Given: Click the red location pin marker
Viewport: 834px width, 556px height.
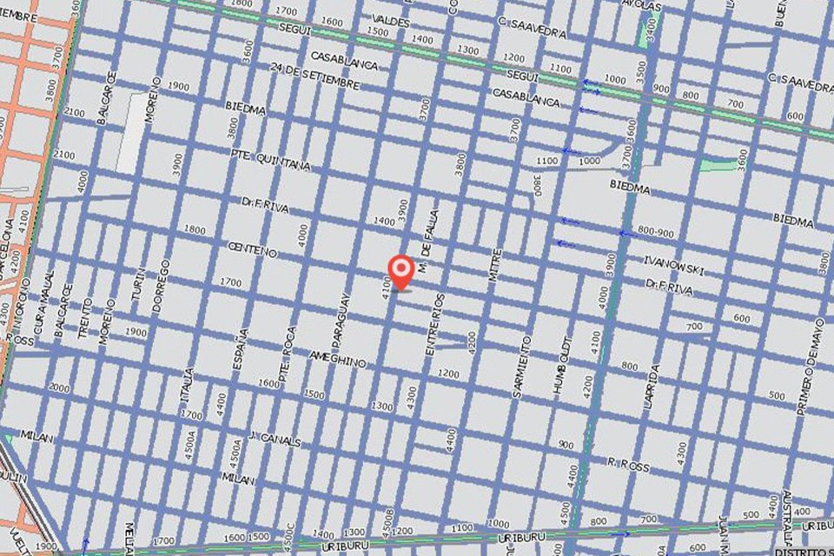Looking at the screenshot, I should coord(400,271).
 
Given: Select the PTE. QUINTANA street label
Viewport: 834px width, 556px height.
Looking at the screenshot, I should coord(270,159).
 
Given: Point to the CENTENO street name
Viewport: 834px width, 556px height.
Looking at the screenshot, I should coord(251,251).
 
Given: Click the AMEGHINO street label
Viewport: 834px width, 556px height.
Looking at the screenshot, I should coord(338,359).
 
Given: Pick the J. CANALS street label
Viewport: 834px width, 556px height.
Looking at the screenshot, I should coord(274,440).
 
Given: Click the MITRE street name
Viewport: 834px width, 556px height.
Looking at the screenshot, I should coord(495,264).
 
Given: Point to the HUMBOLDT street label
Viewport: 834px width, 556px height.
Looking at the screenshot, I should coord(562,366).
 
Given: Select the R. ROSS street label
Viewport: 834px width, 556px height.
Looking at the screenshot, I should coord(628,466).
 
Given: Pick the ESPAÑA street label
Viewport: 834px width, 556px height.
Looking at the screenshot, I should coord(242,349).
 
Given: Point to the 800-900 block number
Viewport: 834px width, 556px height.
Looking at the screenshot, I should coord(655,231).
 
